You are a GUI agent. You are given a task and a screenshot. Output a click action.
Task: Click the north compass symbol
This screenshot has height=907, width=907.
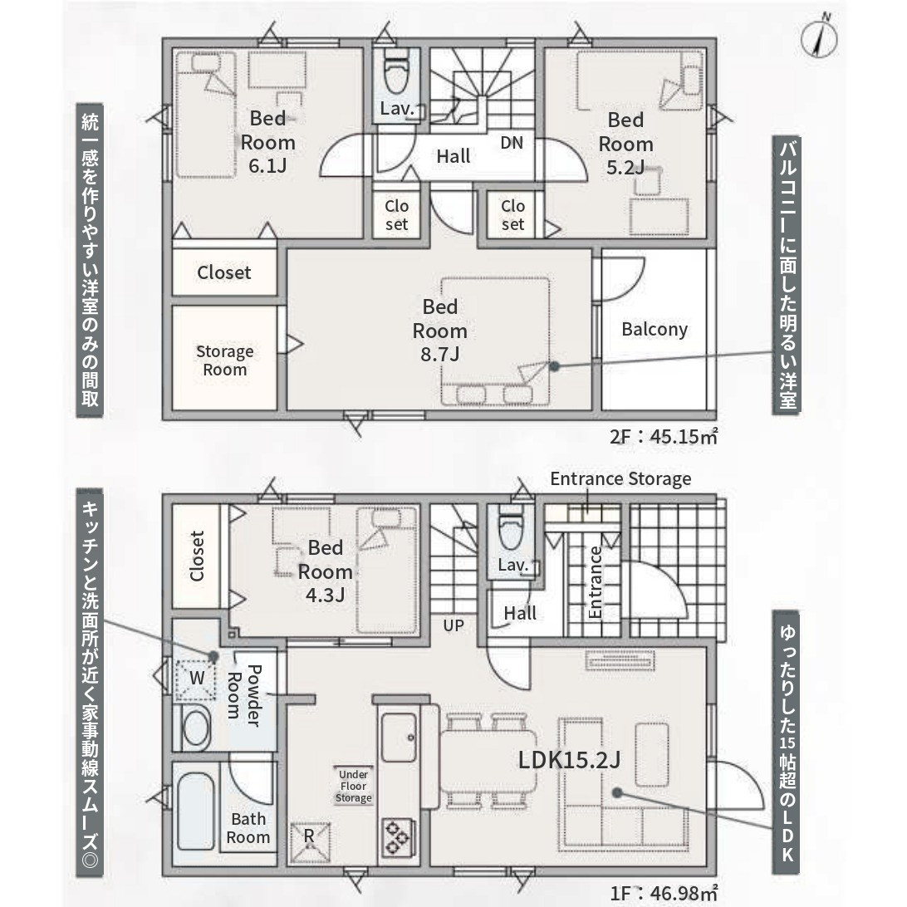[x=819, y=39]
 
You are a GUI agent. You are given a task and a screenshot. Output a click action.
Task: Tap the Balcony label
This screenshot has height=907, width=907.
[x=655, y=329]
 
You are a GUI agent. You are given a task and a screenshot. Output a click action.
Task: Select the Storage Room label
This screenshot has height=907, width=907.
[x=224, y=360]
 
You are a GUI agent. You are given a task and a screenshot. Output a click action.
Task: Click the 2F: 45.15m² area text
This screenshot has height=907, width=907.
[x=664, y=436]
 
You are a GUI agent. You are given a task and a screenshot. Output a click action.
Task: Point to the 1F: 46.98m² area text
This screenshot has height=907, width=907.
[x=664, y=893]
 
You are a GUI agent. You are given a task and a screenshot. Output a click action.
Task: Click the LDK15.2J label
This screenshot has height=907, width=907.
[x=569, y=760]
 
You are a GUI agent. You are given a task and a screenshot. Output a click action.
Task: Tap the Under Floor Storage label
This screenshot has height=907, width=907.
[x=354, y=786]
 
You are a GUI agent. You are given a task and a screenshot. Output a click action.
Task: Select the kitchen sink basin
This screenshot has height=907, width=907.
[x=399, y=737]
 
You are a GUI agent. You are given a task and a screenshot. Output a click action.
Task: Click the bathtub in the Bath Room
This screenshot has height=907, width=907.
[x=195, y=811]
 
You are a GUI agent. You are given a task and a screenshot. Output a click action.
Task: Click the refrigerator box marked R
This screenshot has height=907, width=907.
[x=310, y=841]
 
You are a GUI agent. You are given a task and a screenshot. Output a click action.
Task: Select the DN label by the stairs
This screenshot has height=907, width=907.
[x=512, y=142]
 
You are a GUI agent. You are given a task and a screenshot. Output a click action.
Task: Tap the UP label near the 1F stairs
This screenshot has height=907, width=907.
[x=453, y=625]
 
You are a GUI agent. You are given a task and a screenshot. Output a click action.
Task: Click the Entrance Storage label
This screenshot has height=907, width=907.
[x=620, y=479]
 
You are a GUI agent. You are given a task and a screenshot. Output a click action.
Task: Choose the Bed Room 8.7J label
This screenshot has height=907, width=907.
[x=440, y=331]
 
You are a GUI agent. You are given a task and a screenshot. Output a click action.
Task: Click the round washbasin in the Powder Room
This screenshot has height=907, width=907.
[x=195, y=727]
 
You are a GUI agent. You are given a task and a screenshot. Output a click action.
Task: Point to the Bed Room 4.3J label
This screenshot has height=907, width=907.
[x=325, y=571]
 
